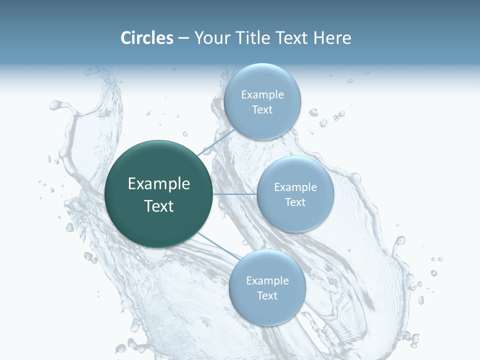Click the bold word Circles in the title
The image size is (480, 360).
pyautogui.click(x=147, y=38)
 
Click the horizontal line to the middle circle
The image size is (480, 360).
pyautogui.click(x=235, y=194)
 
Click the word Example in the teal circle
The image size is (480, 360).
pyautogui.click(x=159, y=184)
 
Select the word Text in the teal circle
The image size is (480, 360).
pyautogui.click(x=159, y=206)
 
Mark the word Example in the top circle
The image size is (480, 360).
pyautogui.click(x=262, y=94)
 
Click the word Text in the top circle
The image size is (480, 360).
pyautogui.click(x=262, y=110)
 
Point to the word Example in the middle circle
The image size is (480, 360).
pyautogui.click(x=295, y=187)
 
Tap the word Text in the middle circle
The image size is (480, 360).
pyautogui.click(x=295, y=202)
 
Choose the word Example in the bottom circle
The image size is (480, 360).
pyautogui.click(x=267, y=280)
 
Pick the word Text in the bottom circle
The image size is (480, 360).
pyautogui.click(x=267, y=295)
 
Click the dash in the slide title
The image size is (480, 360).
pyautogui.click(x=183, y=38)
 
